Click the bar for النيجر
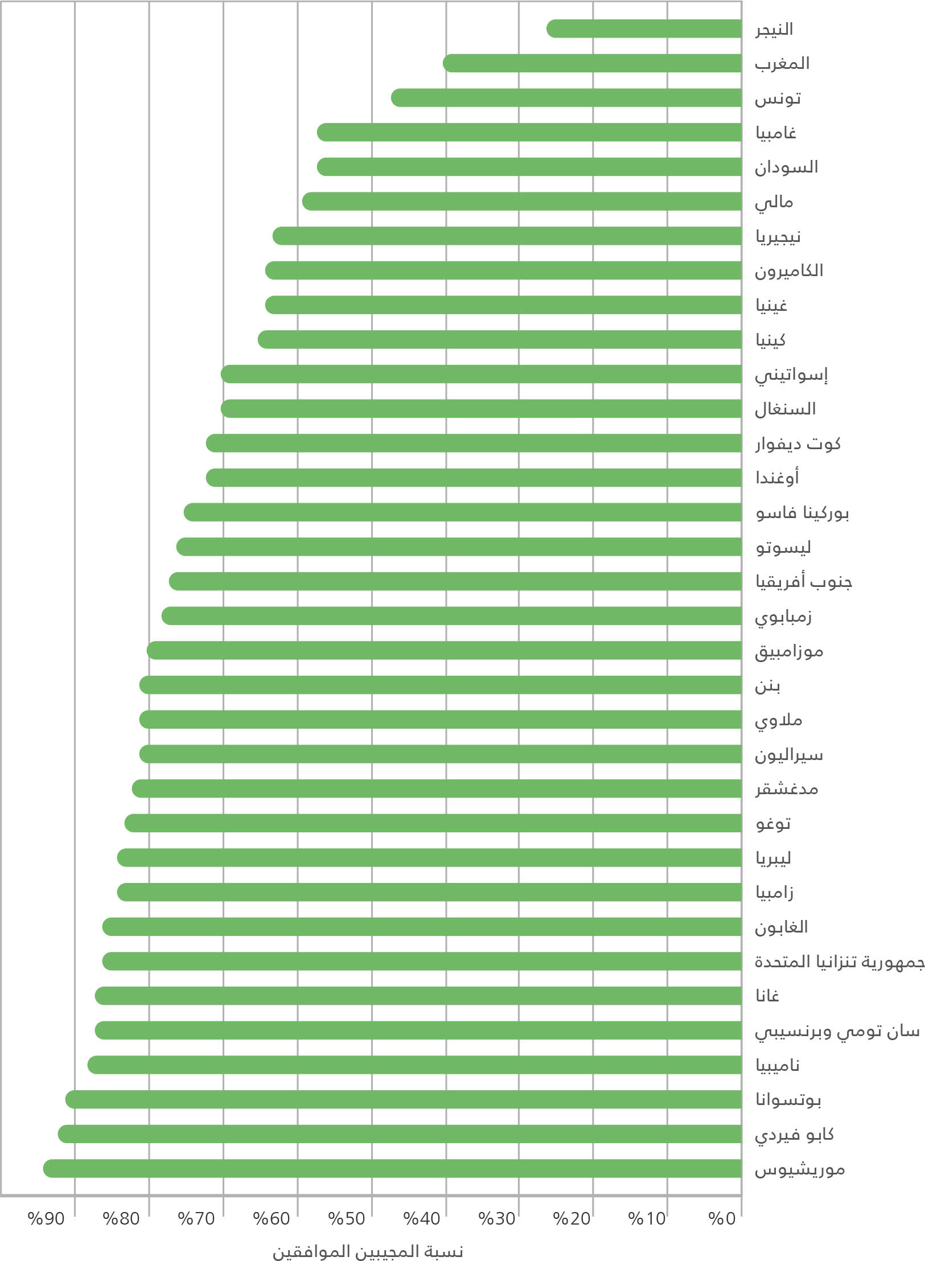(644, 28)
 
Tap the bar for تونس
(566, 98)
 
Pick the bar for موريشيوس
(393, 1168)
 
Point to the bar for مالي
(522, 202)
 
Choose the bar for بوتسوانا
(404, 1099)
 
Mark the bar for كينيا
(500, 340)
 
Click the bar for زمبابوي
(452, 616)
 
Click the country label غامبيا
(775, 133)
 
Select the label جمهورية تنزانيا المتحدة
(840, 962)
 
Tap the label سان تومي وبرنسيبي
(837, 1031)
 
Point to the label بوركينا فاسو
(802, 513)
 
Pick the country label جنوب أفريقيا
(803, 582)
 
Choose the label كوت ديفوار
(797, 443)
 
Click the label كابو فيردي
(794, 1135)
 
